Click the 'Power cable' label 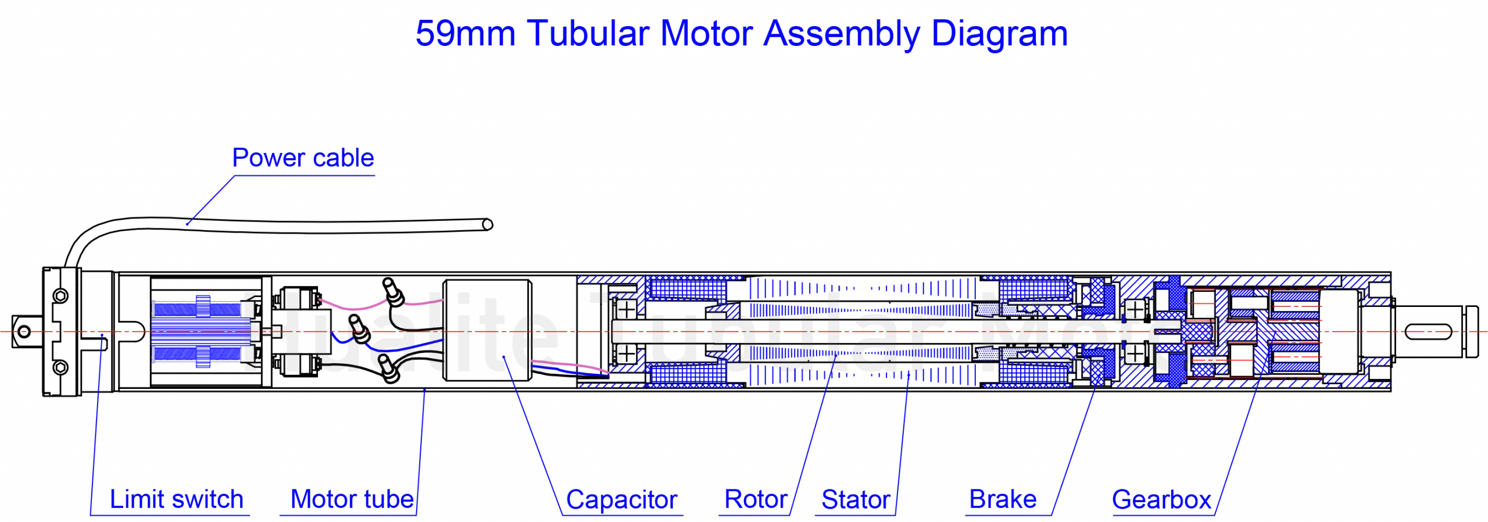(302, 158)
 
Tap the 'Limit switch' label (176, 499)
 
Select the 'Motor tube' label (352, 499)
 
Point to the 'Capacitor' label (621, 499)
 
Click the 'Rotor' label (756, 499)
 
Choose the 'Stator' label (856, 499)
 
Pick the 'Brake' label (1003, 499)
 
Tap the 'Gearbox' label (1161, 499)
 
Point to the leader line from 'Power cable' (211, 201)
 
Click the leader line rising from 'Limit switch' (96, 424)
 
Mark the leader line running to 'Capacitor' (532, 436)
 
